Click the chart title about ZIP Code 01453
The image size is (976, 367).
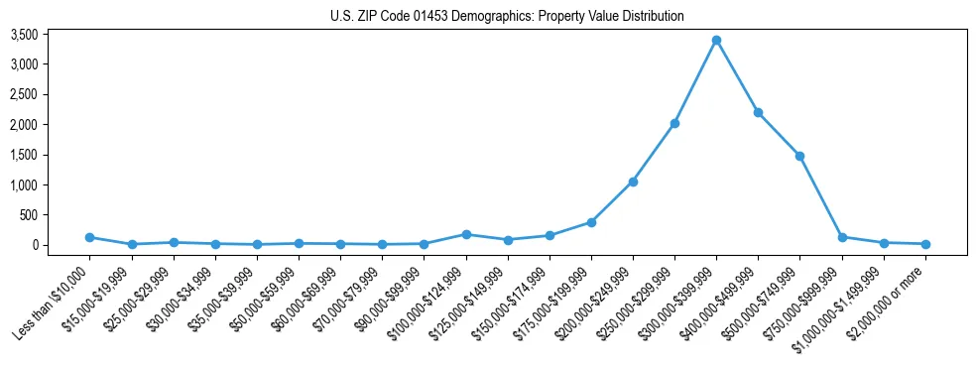pyautogui.click(x=507, y=16)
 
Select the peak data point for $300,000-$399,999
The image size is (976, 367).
pyautogui.click(x=716, y=41)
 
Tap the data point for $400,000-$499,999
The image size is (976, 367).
pyautogui.click(x=758, y=112)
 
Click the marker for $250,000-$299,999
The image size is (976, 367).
pyautogui.click(x=674, y=123)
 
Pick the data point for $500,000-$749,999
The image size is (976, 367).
pyautogui.click(x=799, y=156)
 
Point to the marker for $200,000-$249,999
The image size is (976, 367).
pyautogui.click(x=633, y=182)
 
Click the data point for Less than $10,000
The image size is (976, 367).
pyautogui.click(x=90, y=237)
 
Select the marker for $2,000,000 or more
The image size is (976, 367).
pyautogui.click(x=924, y=244)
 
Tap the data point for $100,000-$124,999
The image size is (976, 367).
pyautogui.click(x=466, y=234)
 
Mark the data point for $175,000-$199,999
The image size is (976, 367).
pyautogui.click(x=591, y=222)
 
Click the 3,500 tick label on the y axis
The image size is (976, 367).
pyautogui.click(x=52, y=35)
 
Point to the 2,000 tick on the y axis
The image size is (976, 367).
pyautogui.click(x=52, y=125)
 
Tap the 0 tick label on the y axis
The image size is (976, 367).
pyautogui.click(x=61, y=245)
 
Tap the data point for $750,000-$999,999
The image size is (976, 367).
pyautogui.click(x=841, y=237)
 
